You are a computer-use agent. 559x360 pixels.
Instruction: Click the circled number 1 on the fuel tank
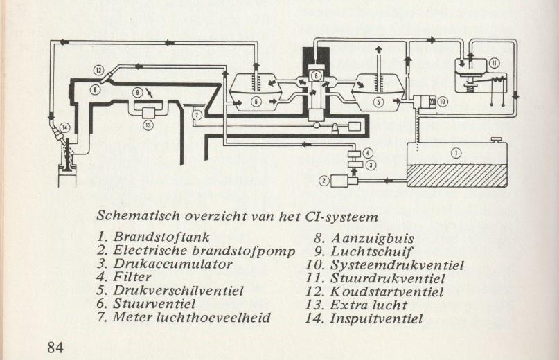click(x=456, y=153)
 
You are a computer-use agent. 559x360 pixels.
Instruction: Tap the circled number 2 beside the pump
click(x=323, y=181)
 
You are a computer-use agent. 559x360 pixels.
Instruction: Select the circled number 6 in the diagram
click(x=314, y=75)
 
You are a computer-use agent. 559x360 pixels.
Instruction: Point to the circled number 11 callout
click(x=494, y=62)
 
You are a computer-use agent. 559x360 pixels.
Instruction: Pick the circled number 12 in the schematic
click(x=99, y=70)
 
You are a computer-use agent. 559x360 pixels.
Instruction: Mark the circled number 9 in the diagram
click(x=138, y=92)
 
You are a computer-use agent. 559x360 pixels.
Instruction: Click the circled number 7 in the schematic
click(x=196, y=114)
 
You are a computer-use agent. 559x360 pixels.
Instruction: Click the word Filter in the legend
click(x=135, y=277)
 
